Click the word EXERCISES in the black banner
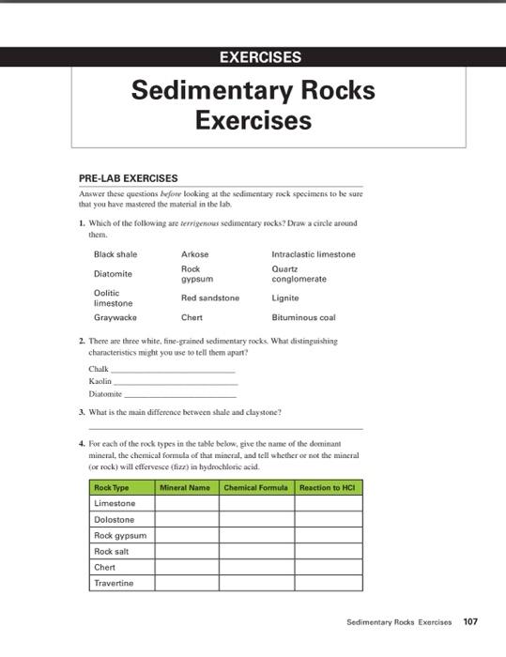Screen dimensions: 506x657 [x=260, y=57]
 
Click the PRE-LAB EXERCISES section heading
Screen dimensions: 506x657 [x=128, y=177]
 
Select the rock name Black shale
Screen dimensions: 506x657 [x=115, y=254]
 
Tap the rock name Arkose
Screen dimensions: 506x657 [x=194, y=254]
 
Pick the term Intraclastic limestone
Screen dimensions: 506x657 [x=313, y=254]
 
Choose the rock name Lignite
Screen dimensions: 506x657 [x=285, y=298]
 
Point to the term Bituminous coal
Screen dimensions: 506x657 [x=302, y=317]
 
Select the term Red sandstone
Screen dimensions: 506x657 [x=209, y=298]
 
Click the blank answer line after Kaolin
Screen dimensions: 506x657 [x=176, y=382]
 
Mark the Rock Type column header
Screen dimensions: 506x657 [x=112, y=488]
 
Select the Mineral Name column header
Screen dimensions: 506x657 [x=185, y=488]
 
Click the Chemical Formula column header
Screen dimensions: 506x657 [x=255, y=488]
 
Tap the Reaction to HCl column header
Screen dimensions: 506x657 [x=328, y=488]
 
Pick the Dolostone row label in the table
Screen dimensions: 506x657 [x=115, y=519]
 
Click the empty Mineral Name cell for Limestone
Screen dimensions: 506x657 [x=187, y=504]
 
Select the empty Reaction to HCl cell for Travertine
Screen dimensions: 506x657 [x=328, y=583]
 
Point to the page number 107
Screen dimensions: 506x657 [x=470, y=621]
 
